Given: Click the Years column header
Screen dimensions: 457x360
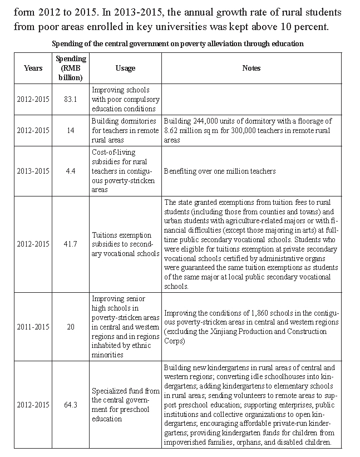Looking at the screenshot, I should tap(33, 68).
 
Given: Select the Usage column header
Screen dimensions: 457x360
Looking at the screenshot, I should tap(125, 68).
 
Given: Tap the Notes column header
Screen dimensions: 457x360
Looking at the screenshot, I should tap(251, 68).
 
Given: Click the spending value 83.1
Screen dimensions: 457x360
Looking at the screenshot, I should tap(71, 99).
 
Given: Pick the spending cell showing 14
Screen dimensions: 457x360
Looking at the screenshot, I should tap(71, 130).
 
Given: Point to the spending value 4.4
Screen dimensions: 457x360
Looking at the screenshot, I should tap(71, 171).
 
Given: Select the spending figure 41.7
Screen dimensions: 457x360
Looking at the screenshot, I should tap(71, 244).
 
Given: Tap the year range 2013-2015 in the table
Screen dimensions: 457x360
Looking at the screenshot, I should tap(33, 171).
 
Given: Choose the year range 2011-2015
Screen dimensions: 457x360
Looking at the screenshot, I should tap(33, 326).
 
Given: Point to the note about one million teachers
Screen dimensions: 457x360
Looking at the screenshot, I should tap(220, 171).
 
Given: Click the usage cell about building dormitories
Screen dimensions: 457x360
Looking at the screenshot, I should tap(124, 130).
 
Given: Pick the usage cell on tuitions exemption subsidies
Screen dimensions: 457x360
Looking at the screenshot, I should tap(125, 244).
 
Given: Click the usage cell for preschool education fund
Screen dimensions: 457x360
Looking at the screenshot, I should tap(125, 405).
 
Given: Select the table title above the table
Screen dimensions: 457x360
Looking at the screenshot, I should tap(177, 43).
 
